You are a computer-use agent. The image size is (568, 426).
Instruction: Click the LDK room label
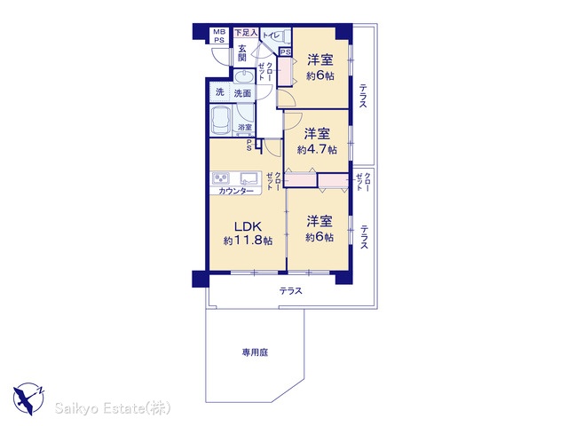pyautogui.click(x=248, y=227)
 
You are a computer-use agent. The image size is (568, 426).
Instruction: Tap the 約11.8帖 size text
pyautogui.click(x=248, y=241)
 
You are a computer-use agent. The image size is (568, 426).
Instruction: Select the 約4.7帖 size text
pyautogui.click(x=317, y=150)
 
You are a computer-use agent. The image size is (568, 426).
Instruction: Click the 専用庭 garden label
pyautogui.click(x=255, y=352)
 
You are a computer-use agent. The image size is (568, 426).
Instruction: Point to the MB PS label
pyautogui.click(x=219, y=36)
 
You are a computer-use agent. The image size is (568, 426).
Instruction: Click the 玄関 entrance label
pyautogui.click(x=242, y=52)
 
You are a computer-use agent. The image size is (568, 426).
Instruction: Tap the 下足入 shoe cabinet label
pyautogui.click(x=247, y=33)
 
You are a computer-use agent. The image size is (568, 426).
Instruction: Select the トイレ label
pyautogui.click(x=271, y=35)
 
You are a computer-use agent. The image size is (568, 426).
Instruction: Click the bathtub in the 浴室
pyautogui.click(x=221, y=120)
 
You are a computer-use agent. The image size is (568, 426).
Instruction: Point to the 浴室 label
pyautogui.click(x=245, y=127)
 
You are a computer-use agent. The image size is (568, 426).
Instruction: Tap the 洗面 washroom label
pyautogui.click(x=242, y=93)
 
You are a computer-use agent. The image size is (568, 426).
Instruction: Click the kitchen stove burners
pyautogui.click(x=221, y=178)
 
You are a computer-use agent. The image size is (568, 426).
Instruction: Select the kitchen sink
pyautogui.click(x=248, y=178)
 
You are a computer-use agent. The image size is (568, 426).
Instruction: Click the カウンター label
pyautogui.click(x=236, y=191)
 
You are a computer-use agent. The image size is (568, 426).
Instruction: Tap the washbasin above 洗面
pyautogui.click(x=244, y=77)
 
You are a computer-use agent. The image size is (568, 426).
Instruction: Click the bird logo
pyautogui.click(x=28, y=398)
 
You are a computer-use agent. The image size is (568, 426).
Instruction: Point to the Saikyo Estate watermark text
pyautogui.click(x=113, y=408)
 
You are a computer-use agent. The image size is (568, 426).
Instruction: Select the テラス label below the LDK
pyautogui.click(x=290, y=291)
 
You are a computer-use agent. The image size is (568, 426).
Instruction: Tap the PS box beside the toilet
pyautogui.click(x=286, y=52)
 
